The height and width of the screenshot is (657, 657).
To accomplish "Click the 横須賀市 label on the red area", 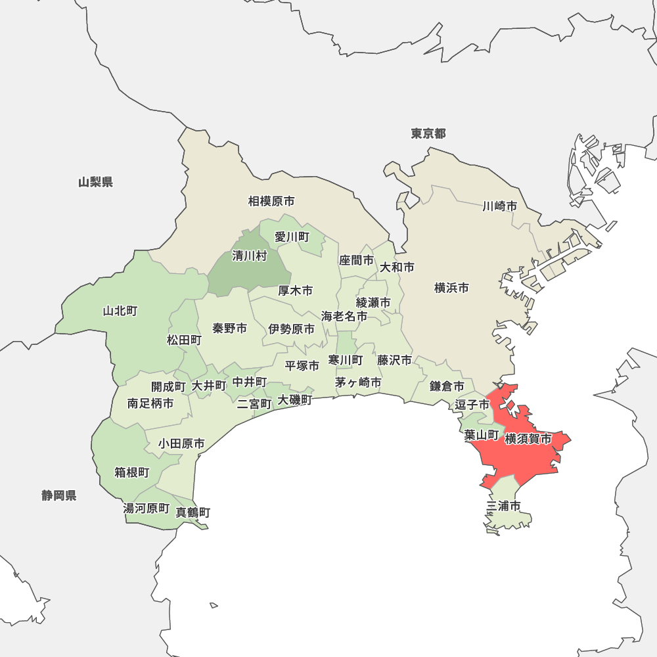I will pyautogui.click(x=528, y=438).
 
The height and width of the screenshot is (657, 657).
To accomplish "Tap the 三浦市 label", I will pyautogui.click(x=504, y=506).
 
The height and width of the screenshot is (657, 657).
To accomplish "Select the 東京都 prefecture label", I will pyautogui.click(x=428, y=134).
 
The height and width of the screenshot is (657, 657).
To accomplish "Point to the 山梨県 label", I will pyautogui.click(x=95, y=182).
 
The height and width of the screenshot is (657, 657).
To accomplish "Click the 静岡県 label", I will pyautogui.click(x=59, y=495).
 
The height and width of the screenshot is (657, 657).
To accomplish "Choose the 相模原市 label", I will pyautogui.click(x=271, y=201).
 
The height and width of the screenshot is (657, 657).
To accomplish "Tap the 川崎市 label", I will pyautogui.click(x=500, y=206).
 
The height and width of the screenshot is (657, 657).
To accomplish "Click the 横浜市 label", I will pyautogui.click(x=452, y=288).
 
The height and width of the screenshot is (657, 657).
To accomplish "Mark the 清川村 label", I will pyautogui.click(x=250, y=256).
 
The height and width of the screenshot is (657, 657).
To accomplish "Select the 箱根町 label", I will pyautogui.click(x=132, y=472).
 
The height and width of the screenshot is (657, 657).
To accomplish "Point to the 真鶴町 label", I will pyautogui.click(x=193, y=512).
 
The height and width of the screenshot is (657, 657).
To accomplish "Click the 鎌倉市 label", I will pyautogui.click(x=447, y=386).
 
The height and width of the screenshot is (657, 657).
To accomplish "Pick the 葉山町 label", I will pyautogui.click(x=481, y=434).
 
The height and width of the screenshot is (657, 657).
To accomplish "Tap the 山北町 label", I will pyautogui.click(x=120, y=311).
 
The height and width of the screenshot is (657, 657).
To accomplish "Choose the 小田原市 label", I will pyautogui.click(x=181, y=444).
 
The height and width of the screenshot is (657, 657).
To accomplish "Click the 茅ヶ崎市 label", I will pyautogui.click(x=358, y=382).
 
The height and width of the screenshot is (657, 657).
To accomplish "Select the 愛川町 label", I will pyautogui.click(x=292, y=237).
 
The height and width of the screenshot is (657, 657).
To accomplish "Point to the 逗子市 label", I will pyautogui.click(x=472, y=404).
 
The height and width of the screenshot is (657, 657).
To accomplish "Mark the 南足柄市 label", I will pyautogui.click(x=151, y=403).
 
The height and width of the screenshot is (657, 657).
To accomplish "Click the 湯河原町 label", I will pyautogui.click(x=147, y=509).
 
